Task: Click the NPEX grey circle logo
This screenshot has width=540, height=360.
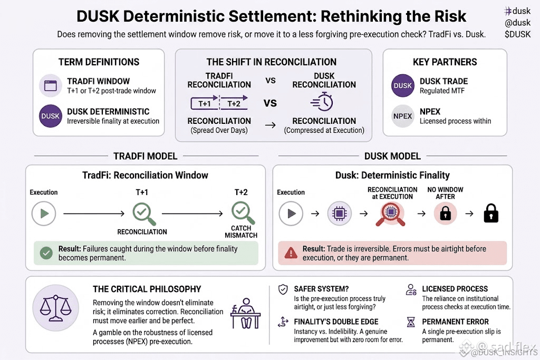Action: pos(402,116)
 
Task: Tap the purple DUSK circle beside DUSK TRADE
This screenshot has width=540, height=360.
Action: pos(402,85)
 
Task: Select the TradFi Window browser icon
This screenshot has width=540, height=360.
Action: pos(50,85)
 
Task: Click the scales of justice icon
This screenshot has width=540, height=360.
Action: pos(55,308)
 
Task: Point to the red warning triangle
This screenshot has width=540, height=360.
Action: pos(291,253)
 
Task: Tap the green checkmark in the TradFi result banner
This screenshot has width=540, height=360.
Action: pos(46,253)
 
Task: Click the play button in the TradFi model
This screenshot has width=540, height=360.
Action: pos(44,213)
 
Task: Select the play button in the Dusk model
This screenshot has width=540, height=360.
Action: pos(291,213)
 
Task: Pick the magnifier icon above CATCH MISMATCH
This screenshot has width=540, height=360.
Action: pos(243,213)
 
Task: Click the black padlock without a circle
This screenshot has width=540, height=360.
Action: pos(491,213)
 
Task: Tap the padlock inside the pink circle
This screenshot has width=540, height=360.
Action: pos(445,213)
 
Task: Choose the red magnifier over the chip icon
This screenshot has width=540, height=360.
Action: pos(390,214)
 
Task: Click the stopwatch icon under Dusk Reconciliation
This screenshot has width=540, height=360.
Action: pos(322,102)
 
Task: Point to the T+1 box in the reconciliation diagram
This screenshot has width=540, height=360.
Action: pos(205,104)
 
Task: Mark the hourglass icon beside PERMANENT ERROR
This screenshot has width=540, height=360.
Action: pos(411,322)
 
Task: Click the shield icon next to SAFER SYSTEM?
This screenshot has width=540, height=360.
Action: pos(283,289)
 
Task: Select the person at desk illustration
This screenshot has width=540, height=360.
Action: pos(246,313)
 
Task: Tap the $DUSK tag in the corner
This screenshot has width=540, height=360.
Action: pos(518,34)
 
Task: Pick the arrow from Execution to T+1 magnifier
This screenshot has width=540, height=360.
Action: pos(94,213)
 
